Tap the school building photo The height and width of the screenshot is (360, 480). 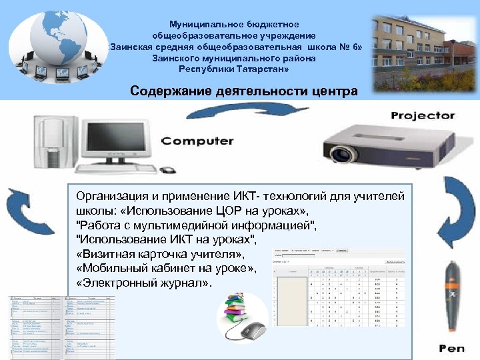point(425,53)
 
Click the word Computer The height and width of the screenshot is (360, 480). point(198,141)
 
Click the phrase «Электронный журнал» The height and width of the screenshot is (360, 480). point(143,283)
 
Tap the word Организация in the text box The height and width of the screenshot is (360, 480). point(112,196)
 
